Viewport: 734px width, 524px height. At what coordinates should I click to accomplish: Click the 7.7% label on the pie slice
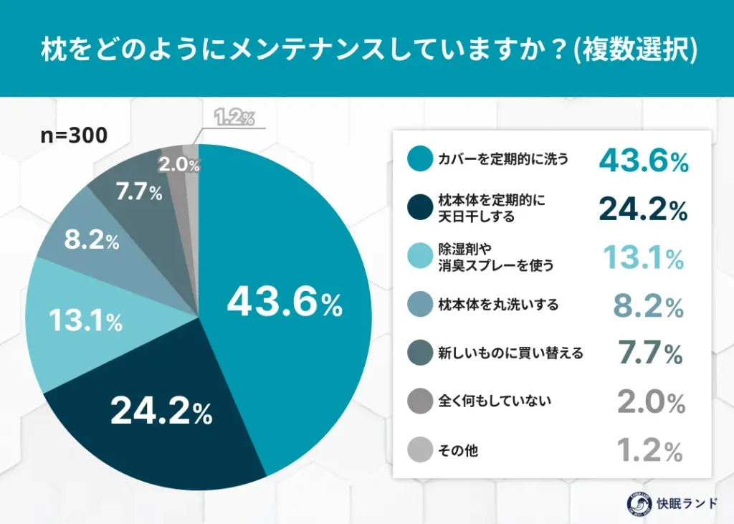pos(139,194)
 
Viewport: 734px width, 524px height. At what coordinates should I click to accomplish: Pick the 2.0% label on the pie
pos(178,164)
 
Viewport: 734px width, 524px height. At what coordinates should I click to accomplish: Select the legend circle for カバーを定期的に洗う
pos(419,160)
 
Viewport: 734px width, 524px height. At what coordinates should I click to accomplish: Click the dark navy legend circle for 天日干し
pos(419,209)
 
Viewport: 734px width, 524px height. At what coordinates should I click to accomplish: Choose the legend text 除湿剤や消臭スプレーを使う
pos(495,257)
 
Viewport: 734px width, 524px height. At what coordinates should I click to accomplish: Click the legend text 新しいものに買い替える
pos(510,353)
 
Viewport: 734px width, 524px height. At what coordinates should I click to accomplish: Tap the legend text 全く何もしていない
pos(495,401)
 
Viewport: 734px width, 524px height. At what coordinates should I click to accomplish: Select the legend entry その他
pos(458,450)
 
